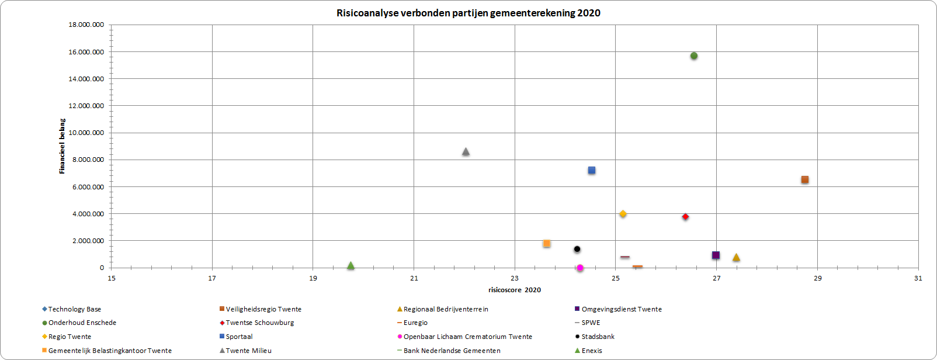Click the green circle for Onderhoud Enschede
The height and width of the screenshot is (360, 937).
pyautogui.click(x=694, y=56)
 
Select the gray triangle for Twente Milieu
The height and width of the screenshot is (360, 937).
pyautogui.click(x=466, y=152)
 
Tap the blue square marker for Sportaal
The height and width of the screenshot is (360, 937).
pyautogui.click(x=592, y=171)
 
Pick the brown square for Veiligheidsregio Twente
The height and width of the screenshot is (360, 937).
pyautogui.click(x=805, y=180)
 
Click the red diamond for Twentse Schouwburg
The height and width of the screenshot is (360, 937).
pyautogui.click(x=685, y=217)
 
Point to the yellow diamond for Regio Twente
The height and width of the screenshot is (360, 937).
pyautogui.click(x=623, y=214)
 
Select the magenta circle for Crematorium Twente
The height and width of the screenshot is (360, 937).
pyautogui.click(x=580, y=268)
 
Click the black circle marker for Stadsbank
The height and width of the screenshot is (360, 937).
pyautogui.click(x=577, y=249)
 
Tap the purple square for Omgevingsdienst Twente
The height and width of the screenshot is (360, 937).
pyautogui.click(x=716, y=255)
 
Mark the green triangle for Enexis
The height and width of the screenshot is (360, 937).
pyautogui.click(x=350, y=265)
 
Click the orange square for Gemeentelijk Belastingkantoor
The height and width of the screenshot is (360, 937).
pyautogui.click(x=547, y=243)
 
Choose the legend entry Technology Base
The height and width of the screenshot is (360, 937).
pyautogui.click(x=74, y=309)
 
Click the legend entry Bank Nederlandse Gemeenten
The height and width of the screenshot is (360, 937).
pyautogui.click(x=452, y=351)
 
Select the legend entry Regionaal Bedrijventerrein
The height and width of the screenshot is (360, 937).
pyautogui.click(x=446, y=309)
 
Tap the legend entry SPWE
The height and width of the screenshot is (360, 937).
pyautogui.click(x=591, y=323)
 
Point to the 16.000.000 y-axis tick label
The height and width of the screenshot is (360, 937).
pyautogui.click(x=86, y=52)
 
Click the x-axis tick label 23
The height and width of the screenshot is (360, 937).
pyautogui.click(x=515, y=278)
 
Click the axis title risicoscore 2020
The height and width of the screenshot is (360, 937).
pyautogui.click(x=515, y=290)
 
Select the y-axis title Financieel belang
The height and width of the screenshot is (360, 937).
pyautogui.click(x=62, y=146)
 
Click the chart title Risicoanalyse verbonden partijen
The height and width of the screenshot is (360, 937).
pyautogui.click(x=468, y=13)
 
